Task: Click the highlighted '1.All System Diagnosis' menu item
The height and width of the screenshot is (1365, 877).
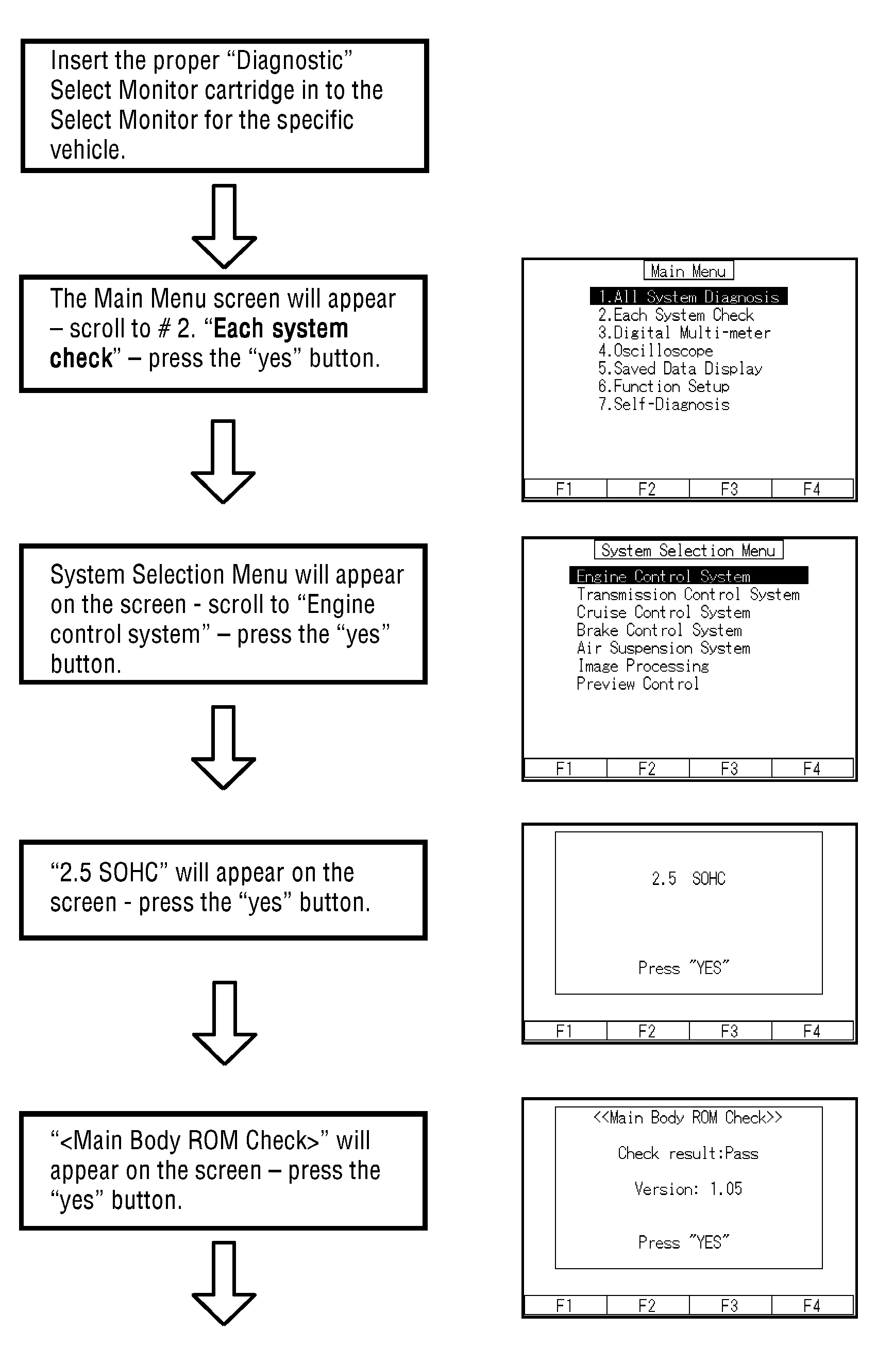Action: [688, 297]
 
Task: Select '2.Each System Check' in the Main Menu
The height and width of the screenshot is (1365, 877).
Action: [676, 315]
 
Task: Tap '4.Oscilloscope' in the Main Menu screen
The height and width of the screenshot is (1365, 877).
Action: [655, 351]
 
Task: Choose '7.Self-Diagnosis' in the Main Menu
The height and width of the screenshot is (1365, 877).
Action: [664, 404]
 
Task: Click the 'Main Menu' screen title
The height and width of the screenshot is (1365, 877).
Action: [688, 271]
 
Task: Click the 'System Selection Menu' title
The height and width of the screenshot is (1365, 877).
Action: [688, 551]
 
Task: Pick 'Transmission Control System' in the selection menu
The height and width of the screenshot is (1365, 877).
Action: [687, 594]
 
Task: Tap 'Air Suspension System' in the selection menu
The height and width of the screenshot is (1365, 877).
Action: [663, 648]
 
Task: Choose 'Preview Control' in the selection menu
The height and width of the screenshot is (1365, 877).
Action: [637, 684]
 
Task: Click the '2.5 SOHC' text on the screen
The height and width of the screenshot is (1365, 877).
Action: [688, 878]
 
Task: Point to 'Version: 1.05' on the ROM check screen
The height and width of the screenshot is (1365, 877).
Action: [688, 1188]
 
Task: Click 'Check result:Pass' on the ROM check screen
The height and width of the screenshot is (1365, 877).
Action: [688, 1153]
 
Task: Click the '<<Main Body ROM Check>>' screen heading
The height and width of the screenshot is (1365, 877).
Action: [687, 1117]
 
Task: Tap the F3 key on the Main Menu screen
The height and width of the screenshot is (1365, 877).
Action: [730, 489]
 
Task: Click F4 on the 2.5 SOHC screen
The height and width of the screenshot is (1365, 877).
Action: [812, 1031]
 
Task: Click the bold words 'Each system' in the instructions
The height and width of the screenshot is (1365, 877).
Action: [280, 329]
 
